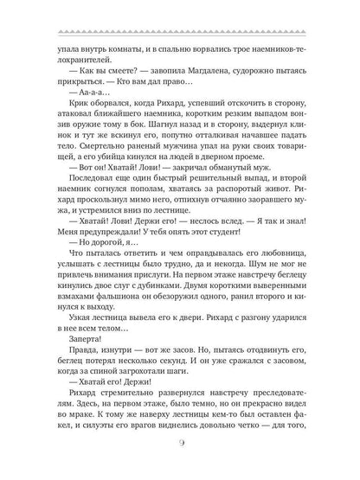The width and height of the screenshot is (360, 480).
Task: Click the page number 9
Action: click(x=180, y=445)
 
